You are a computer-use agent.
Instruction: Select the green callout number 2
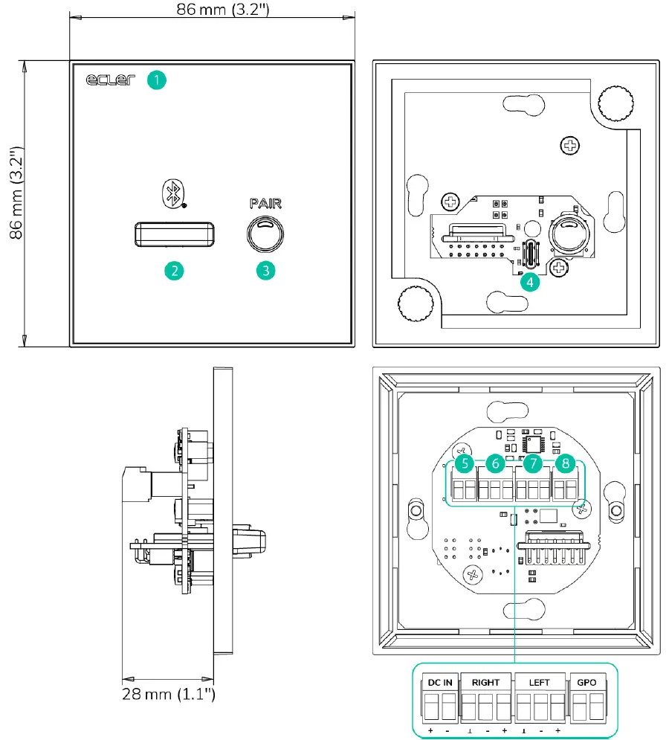tap(174, 270)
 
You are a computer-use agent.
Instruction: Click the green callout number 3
tap(265, 270)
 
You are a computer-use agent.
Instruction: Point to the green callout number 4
tap(529, 282)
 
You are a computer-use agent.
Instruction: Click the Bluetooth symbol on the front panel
tap(173, 193)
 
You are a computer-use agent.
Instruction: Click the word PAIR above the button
tap(265, 202)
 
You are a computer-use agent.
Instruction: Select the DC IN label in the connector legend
tap(440, 682)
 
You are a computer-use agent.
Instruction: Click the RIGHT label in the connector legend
tap(485, 682)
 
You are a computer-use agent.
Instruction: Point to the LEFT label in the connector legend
tap(539, 682)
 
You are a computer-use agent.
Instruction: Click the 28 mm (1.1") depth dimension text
tap(169, 695)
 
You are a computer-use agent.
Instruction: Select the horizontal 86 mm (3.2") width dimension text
tap(212, 10)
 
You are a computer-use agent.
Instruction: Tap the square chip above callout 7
tap(533, 443)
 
